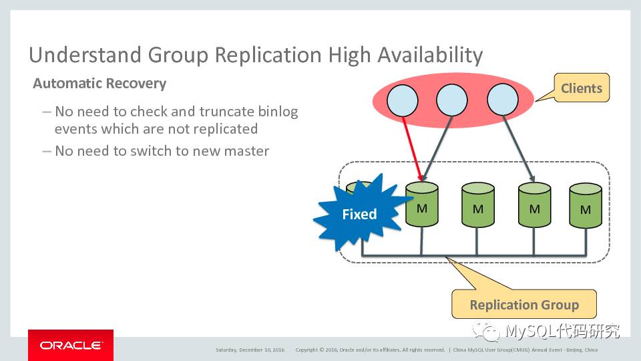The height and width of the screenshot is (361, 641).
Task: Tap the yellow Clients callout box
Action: [x=581, y=88]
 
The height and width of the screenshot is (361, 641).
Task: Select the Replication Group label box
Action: [x=523, y=305]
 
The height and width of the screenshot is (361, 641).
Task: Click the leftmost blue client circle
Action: [x=401, y=102]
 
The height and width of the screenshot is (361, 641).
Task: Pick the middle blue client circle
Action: [x=451, y=101]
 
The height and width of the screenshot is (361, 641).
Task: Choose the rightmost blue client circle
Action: [x=502, y=101]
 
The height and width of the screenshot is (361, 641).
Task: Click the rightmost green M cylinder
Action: [x=586, y=208]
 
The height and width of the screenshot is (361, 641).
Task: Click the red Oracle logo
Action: [x=71, y=345]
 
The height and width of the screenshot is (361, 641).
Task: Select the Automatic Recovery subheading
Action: [x=99, y=84]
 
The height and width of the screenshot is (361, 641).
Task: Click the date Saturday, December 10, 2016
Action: [x=250, y=350]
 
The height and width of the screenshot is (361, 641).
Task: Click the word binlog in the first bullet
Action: [x=280, y=111]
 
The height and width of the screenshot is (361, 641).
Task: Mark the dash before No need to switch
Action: [x=46, y=151]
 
